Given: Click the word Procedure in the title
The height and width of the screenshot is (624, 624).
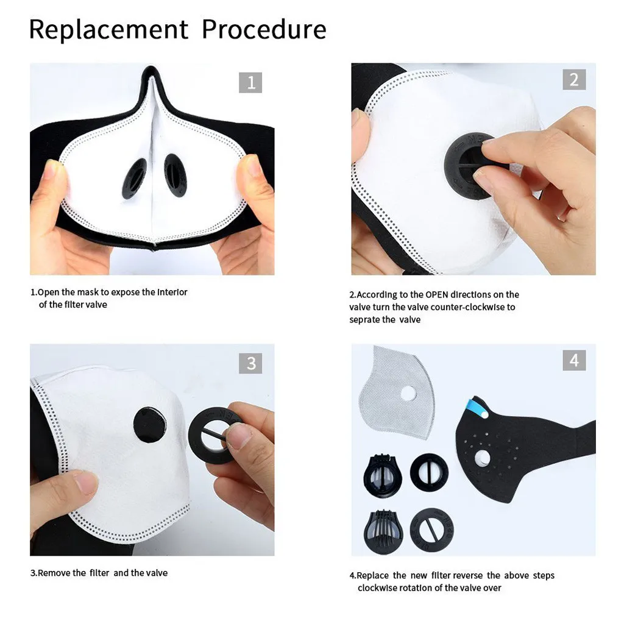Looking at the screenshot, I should click(x=264, y=29).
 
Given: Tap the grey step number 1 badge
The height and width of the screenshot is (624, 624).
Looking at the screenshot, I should click(x=250, y=82).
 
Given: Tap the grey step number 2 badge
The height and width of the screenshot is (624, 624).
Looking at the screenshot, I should click(x=574, y=79).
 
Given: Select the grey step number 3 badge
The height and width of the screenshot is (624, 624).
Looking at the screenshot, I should click(x=250, y=364).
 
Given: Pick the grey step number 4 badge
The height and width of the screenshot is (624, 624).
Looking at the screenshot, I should click(x=574, y=360).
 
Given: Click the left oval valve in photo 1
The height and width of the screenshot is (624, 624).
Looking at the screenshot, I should click(x=135, y=178).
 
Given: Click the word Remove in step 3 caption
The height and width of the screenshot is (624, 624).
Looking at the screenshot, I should click(x=54, y=573).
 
